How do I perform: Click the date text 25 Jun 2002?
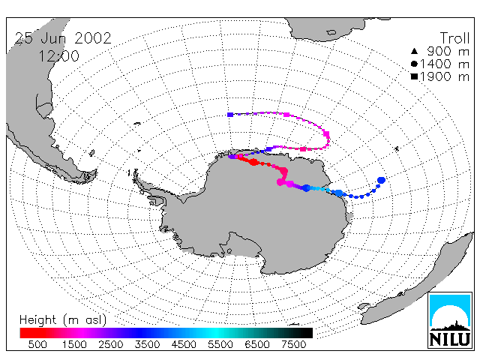(x=63, y=38)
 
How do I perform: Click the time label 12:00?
(x=59, y=56)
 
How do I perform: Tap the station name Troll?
(x=455, y=38)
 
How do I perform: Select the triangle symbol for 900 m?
(x=414, y=51)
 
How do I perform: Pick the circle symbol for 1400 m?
(x=414, y=64)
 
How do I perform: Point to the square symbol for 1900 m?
(x=414, y=76)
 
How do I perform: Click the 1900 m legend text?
(x=445, y=76)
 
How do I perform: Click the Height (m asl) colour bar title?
(x=63, y=320)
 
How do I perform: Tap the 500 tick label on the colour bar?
(x=37, y=344)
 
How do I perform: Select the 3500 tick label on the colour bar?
(x=147, y=344)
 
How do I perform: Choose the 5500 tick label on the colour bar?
(x=220, y=344)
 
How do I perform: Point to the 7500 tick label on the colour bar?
(x=293, y=344)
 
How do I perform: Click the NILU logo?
(x=450, y=320)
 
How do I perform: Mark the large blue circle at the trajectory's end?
(x=381, y=180)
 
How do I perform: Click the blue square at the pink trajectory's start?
(x=230, y=115)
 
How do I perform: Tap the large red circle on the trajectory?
(x=253, y=162)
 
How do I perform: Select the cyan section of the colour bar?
(x=216, y=333)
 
